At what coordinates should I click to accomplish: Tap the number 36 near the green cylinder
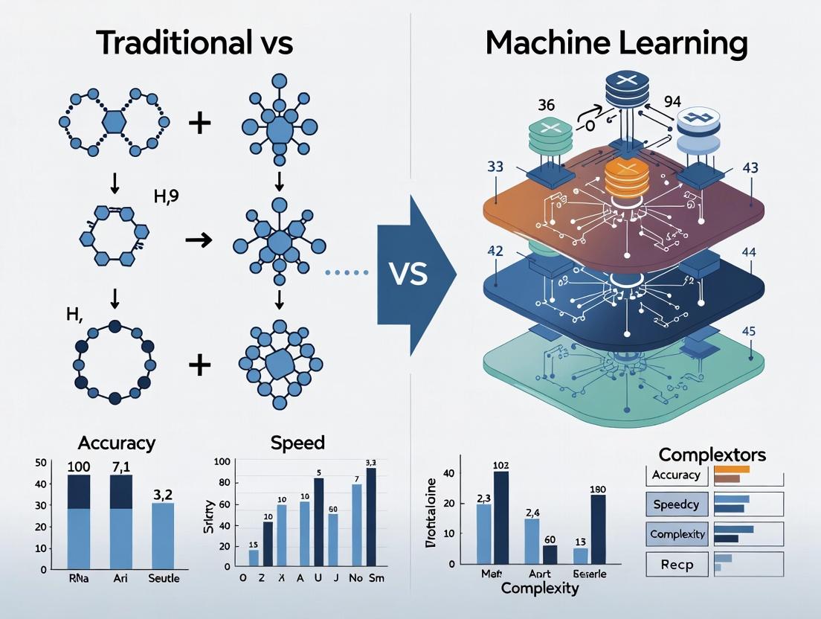(546, 105)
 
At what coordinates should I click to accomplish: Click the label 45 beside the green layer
(749, 331)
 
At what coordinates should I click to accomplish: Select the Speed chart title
(297, 443)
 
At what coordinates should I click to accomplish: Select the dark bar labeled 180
(598, 529)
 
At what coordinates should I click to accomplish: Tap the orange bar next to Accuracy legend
(732, 470)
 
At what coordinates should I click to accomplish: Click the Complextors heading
(712, 454)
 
